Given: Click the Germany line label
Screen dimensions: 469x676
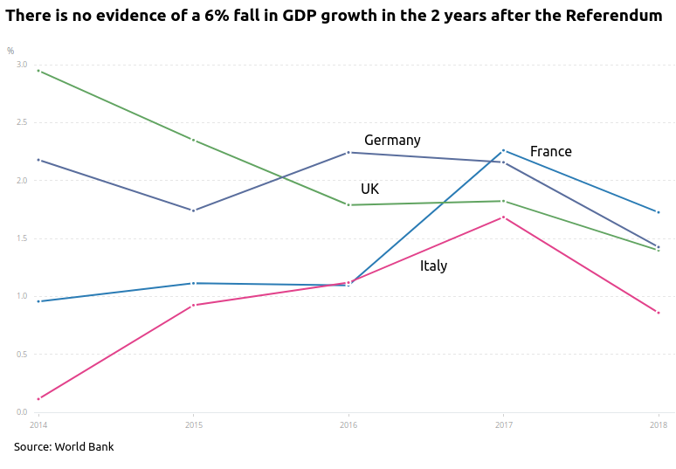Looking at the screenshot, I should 392,141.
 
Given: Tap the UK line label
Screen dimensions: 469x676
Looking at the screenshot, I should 369,190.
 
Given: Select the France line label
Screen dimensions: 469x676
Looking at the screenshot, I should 550,152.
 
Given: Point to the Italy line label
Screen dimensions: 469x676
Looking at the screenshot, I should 433,266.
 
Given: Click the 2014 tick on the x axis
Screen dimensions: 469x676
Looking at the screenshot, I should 38,425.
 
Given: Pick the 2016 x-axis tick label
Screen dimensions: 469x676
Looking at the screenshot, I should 348,425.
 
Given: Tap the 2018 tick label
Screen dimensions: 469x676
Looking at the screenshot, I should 659,425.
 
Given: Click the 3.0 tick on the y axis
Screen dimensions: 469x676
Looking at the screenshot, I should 21,66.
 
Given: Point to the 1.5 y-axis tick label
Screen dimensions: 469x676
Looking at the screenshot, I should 21,238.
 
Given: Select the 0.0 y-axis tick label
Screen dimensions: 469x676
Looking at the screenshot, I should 21,412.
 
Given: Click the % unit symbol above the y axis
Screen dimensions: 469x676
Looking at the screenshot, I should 10,52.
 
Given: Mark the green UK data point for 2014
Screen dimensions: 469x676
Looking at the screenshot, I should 38,71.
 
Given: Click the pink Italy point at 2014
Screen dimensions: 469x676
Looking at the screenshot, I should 38,399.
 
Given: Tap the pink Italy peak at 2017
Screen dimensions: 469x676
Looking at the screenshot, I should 503,217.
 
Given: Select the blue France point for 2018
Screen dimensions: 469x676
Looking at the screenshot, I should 659,212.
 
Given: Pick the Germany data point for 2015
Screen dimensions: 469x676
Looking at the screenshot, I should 193,210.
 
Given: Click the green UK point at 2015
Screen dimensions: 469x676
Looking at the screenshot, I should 193,140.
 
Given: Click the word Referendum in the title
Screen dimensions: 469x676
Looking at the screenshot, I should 613,16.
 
